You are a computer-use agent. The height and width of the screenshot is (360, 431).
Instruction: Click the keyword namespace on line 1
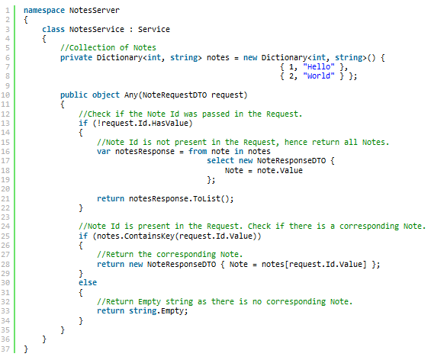(x=44, y=11)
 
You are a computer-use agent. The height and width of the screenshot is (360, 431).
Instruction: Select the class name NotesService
(x=96, y=30)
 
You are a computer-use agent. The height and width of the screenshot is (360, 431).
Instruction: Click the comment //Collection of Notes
(x=108, y=48)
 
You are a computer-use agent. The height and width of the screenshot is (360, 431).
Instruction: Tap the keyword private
(x=76, y=58)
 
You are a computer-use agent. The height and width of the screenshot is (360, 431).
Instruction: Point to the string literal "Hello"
(x=319, y=67)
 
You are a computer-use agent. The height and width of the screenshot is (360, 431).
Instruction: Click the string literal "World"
(x=319, y=76)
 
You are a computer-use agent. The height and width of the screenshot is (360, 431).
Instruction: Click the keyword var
(x=104, y=152)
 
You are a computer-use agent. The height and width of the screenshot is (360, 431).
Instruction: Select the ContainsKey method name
(x=150, y=236)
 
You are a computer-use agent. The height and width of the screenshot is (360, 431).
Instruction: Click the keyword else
(x=88, y=282)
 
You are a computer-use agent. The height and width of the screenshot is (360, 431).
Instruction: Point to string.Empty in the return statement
(x=156, y=311)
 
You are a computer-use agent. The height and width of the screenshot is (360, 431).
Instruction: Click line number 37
(x=5, y=349)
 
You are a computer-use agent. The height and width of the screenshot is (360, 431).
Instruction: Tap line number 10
(x=5, y=95)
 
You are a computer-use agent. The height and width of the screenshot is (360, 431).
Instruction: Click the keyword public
(x=74, y=95)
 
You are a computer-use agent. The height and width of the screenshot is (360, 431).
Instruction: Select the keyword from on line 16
(x=198, y=152)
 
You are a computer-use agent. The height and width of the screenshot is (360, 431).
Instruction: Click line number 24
(x=5, y=227)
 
